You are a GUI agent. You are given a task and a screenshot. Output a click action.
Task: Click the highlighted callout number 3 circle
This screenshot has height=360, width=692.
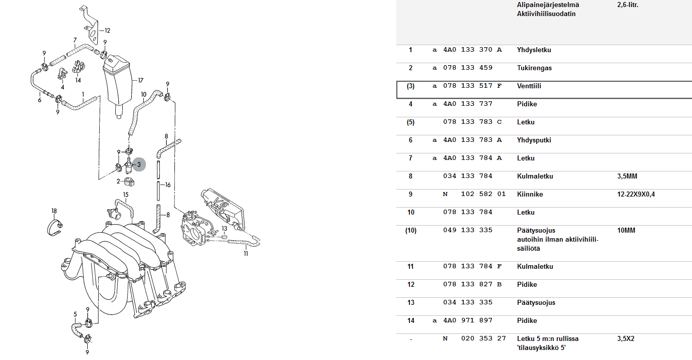139,164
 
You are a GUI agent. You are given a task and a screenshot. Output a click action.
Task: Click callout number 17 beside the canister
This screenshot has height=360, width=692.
141,80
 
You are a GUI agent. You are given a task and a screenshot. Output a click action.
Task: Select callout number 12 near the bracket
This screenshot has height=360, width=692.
107,31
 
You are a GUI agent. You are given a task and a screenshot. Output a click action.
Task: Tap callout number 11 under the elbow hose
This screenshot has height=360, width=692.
246,254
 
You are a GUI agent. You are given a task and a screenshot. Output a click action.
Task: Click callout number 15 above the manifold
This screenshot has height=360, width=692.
126,195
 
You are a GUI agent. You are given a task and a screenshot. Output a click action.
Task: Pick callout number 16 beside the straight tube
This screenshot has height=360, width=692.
168,185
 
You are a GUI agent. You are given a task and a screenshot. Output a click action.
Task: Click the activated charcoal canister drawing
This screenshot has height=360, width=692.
117,83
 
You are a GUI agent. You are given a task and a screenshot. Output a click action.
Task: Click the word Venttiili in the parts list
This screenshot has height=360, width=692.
529,86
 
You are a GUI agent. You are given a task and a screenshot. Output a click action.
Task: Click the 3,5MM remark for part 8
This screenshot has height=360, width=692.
627,176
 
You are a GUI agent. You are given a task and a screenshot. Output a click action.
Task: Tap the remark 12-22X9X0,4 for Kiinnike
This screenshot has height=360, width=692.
635,195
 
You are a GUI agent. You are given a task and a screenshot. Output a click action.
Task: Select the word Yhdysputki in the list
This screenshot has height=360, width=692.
534,140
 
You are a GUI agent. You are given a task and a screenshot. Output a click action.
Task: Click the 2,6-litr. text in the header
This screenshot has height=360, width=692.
627,5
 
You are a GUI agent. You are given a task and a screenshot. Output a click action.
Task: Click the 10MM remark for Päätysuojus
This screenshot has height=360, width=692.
626,231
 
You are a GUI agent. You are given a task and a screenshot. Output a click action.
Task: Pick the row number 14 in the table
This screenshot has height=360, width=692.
410,321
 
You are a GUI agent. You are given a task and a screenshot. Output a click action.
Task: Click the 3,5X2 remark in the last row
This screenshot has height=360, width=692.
626,339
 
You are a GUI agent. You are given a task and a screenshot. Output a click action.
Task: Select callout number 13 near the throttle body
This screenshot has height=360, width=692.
224,229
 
